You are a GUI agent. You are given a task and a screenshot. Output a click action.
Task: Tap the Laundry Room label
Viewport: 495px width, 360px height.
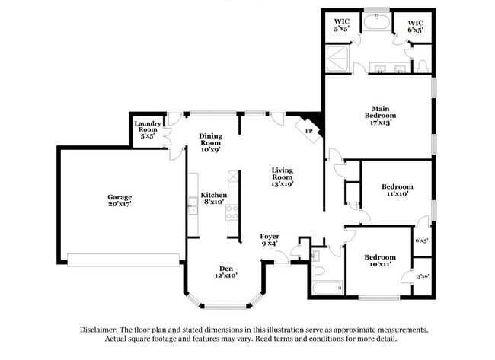click(146, 130)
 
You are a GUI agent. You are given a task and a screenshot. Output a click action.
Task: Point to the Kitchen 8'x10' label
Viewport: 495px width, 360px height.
click(213, 199)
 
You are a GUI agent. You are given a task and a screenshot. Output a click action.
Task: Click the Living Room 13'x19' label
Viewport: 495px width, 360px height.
click(283, 177)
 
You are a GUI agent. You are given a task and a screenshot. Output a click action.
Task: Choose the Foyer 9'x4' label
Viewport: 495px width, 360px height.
click(269, 240)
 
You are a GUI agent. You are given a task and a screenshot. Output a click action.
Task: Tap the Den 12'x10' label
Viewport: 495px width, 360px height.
click(225, 272)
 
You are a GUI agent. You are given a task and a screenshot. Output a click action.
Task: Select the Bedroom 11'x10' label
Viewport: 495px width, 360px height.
click(398, 190)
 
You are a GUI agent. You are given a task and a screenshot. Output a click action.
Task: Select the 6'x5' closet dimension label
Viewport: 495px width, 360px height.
click(421, 241)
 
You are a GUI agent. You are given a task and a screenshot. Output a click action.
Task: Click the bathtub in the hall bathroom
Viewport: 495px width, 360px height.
click(324, 288)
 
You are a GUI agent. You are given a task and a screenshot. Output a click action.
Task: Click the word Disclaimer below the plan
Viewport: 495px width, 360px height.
click(102, 330)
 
